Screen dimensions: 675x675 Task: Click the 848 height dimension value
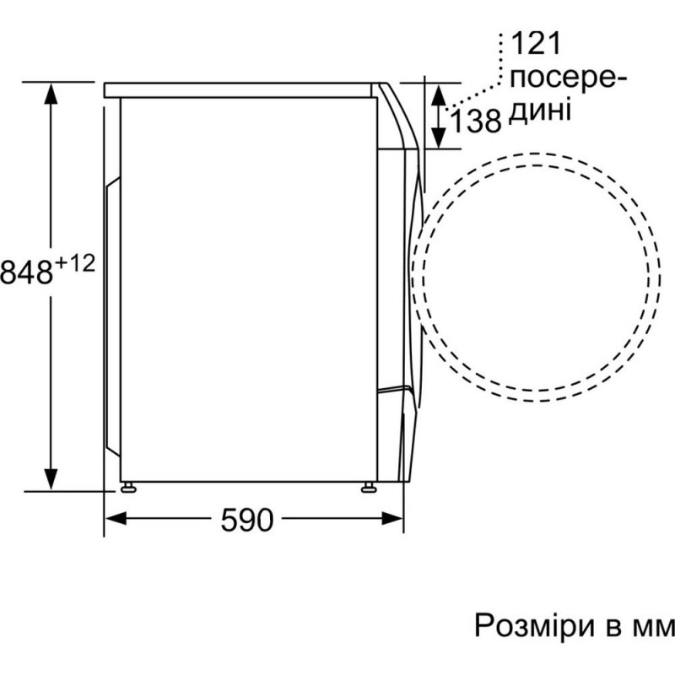coord(26,272)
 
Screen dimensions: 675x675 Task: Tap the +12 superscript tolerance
coord(75,264)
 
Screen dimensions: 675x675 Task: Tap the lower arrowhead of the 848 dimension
coord(51,478)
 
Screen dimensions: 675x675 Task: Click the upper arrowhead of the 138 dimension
coord(440,93)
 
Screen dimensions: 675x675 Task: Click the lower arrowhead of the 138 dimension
coord(440,137)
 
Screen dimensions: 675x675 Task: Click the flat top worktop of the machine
coord(240,88)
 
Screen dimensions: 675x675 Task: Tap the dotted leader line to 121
coord(485,88)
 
